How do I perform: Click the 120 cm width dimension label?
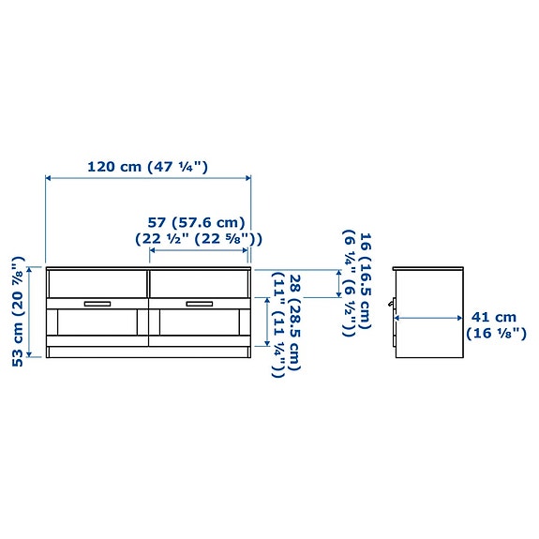[x=147, y=167]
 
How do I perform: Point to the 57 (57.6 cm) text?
[x=196, y=230]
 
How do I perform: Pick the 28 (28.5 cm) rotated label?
[x=286, y=324]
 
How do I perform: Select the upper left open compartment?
[x=97, y=282]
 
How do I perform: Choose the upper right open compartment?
[x=199, y=282]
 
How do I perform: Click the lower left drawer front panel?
[x=97, y=324]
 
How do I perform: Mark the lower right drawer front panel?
[x=199, y=324]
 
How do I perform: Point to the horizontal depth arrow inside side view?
[x=429, y=318]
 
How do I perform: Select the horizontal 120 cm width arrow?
[x=148, y=177]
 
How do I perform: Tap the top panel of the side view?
[x=429, y=268]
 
